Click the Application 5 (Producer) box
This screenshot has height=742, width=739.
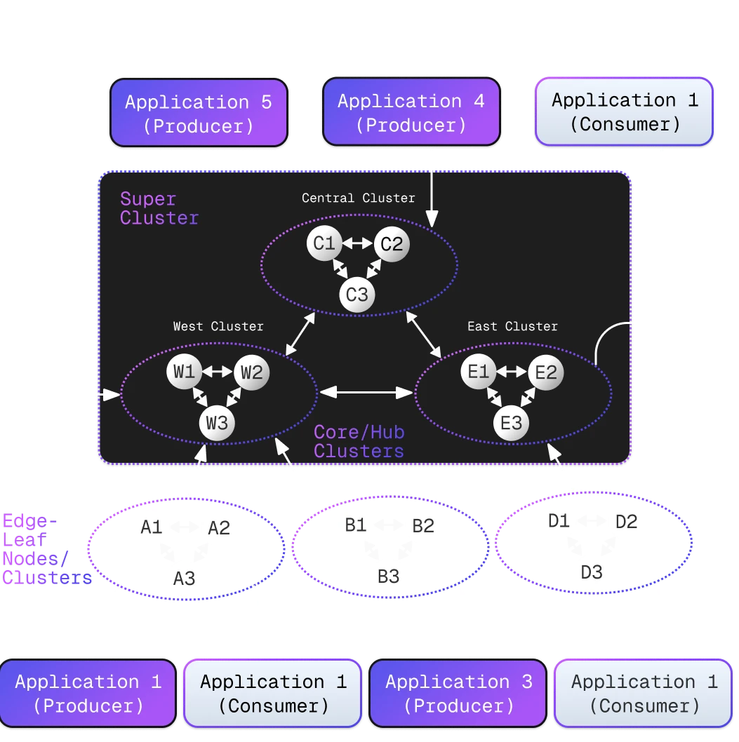[198, 113]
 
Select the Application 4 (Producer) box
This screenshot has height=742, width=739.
[411, 113]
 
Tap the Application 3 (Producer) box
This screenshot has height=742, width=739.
[458, 693]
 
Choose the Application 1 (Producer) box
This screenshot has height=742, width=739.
[88, 693]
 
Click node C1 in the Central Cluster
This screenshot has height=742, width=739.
[324, 244]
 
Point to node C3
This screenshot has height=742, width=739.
[357, 295]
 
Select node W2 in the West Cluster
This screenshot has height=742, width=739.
[251, 372]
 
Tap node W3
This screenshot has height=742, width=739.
[217, 423]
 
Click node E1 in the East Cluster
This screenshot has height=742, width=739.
[478, 372]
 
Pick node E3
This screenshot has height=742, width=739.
[512, 423]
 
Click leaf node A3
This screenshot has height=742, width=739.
[184, 578]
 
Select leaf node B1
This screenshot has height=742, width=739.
[356, 525]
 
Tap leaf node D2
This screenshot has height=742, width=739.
[626, 522]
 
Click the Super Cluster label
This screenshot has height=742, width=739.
[159, 208]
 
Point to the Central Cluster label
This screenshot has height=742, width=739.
[358, 198]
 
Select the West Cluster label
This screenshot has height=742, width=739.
[218, 326]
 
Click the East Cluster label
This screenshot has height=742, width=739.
[512, 326]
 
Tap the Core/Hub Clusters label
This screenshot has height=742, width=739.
[359, 441]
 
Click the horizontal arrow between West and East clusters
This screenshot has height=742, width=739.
[366, 393]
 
